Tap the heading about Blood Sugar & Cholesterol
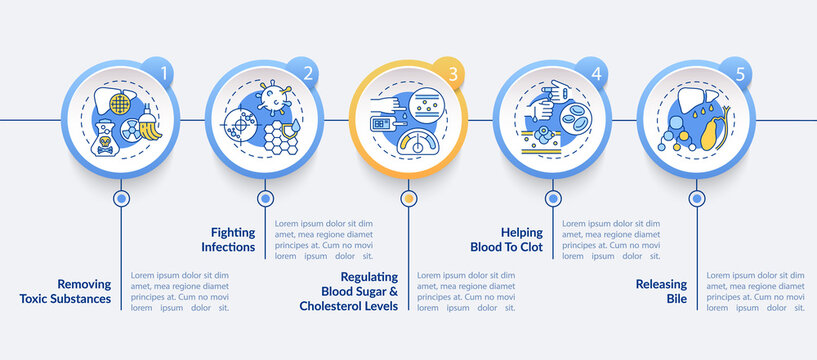click(x=349, y=291)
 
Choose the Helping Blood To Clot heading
click(x=507, y=238)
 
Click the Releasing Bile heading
click(x=661, y=291)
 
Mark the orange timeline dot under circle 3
click(x=408, y=198)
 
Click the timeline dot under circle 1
click(x=121, y=198)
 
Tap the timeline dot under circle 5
click(x=695, y=198)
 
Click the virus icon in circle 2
click(x=271, y=99)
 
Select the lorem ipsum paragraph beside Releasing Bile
click(x=754, y=291)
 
